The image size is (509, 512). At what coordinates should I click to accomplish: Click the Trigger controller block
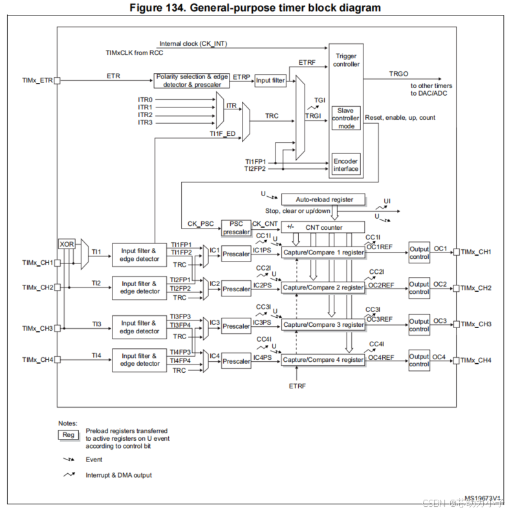(345, 60)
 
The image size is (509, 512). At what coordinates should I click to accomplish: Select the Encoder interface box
(345, 165)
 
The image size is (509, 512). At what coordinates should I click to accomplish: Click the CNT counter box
(321, 227)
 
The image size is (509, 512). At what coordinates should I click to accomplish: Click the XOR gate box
(67, 244)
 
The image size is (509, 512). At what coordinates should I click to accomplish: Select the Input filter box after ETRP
(270, 80)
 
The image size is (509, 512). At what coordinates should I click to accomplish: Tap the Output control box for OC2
(418, 287)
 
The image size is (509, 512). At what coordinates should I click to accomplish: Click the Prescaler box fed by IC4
(236, 362)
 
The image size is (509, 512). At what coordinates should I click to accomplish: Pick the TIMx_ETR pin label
(37, 81)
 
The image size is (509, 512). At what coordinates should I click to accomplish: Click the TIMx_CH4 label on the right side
(477, 360)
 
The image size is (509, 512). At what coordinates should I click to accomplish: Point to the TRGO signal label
(398, 74)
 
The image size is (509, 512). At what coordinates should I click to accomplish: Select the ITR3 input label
(145, 122)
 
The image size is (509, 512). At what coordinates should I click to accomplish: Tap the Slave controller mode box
(345, 118)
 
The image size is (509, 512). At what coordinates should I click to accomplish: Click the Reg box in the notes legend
(69, 434)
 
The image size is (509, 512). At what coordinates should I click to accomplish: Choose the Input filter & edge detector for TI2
(139, 287)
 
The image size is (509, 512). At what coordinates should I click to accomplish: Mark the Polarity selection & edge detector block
(192, 80)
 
